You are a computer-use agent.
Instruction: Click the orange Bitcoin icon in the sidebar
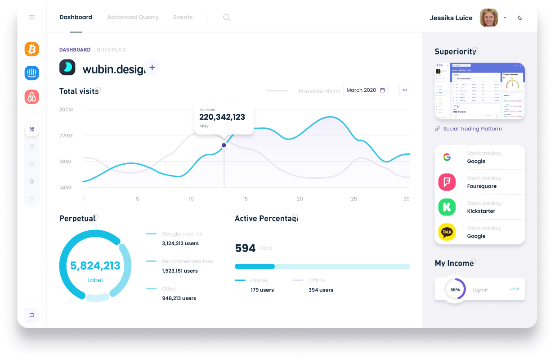32,49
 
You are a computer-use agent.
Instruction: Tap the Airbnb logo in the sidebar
32,97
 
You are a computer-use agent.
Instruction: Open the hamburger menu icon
32,18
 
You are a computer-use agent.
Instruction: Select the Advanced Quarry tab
133,18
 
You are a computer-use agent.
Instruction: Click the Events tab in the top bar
183,18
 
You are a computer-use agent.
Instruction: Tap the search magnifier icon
227,18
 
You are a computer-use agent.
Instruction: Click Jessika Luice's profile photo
489,18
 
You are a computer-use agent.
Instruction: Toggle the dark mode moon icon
520,18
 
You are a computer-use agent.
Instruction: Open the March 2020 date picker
365,90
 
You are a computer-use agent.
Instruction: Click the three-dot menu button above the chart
405,90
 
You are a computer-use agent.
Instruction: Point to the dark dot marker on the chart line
224,145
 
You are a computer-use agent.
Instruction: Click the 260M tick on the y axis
66,109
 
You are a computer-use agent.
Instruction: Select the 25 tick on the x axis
354,199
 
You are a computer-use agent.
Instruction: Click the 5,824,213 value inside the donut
95,265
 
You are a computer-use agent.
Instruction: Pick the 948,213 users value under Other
179,298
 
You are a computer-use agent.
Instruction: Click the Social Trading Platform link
472,129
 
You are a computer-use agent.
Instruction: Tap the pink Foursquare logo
447,182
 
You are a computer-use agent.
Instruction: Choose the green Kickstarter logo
447,207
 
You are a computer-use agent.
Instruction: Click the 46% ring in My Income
455,290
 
